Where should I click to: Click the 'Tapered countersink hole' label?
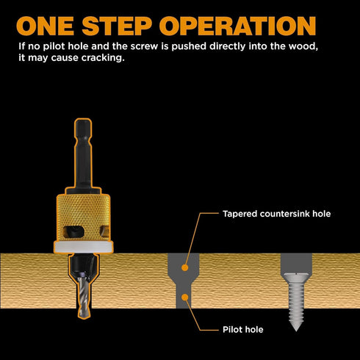point(276,215)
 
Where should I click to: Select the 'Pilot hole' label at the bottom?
point(242,330)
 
